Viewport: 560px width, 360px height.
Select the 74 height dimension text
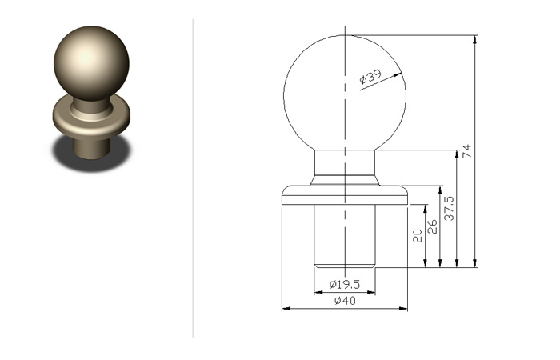(x=467, y=150)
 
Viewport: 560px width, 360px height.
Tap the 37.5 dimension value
(x=449, y=208)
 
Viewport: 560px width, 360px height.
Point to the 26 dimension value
(x=432, y=226)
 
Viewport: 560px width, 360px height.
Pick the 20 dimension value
(x=417, y=236)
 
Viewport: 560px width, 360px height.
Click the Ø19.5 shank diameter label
(x=345, y=284)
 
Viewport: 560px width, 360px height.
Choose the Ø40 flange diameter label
(x=345, y=301)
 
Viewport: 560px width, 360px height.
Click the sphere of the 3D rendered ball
(x=91, y=63)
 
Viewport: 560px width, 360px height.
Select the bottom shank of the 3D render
(x=91, y=148)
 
